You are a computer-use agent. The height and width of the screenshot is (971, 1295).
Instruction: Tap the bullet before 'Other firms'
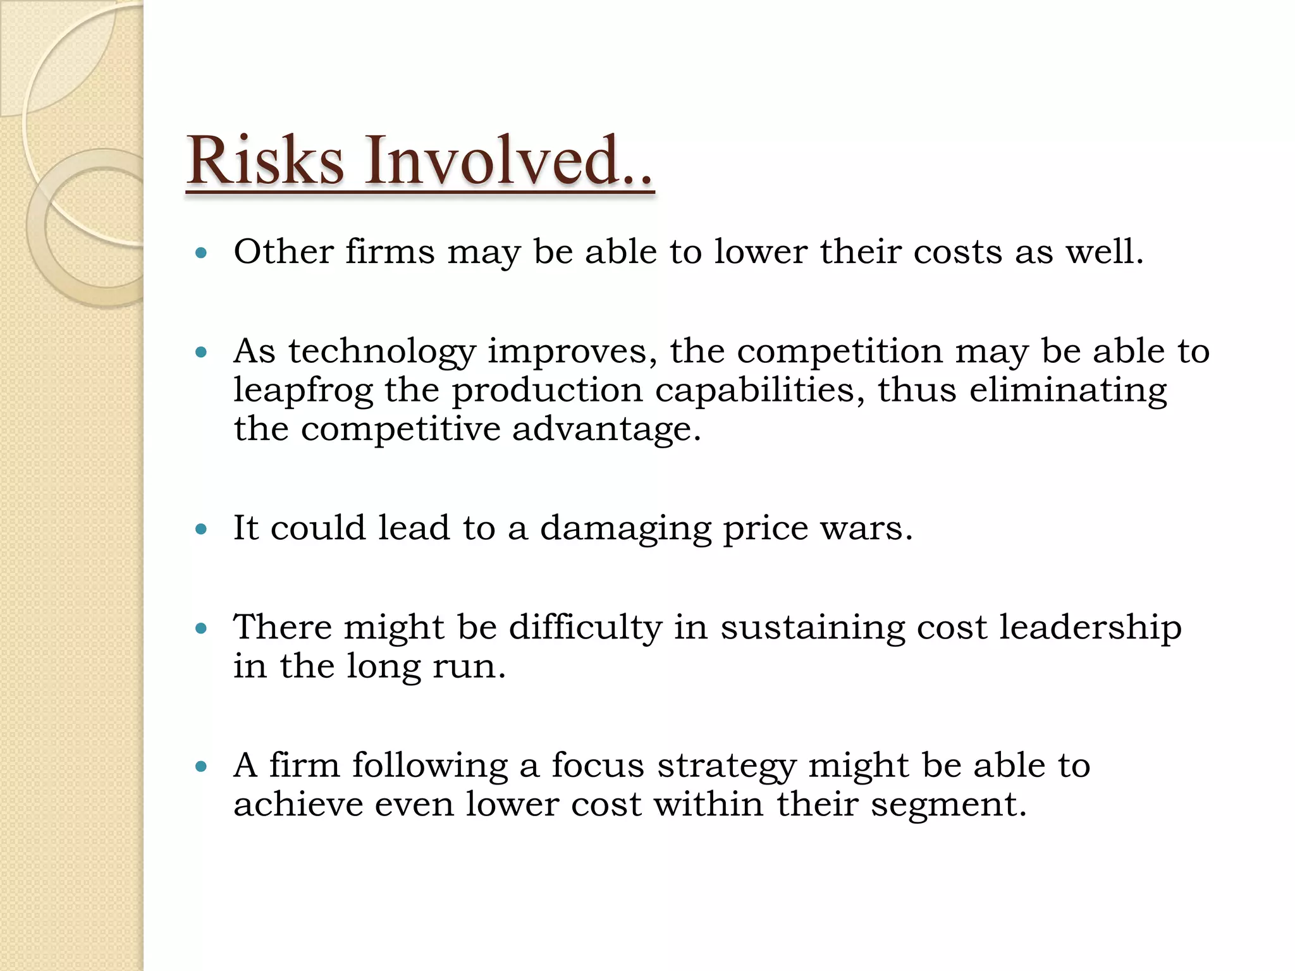(x=202, y=253)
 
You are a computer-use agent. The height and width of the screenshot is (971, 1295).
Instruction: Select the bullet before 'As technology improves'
(x=202, y=353)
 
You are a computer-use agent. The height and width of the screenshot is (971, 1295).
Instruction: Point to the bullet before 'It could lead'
(x=202, y=529)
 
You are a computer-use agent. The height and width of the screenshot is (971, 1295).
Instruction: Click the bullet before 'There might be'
(x=202, y=628)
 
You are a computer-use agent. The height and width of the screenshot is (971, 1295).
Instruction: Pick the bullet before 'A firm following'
(x=202, y=767)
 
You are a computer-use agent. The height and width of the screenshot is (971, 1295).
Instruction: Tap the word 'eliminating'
(x=1068, y=391)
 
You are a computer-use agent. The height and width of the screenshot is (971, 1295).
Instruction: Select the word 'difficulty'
(x=585, y=628)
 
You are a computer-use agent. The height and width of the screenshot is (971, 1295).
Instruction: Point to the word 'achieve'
(x=298, y=805)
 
